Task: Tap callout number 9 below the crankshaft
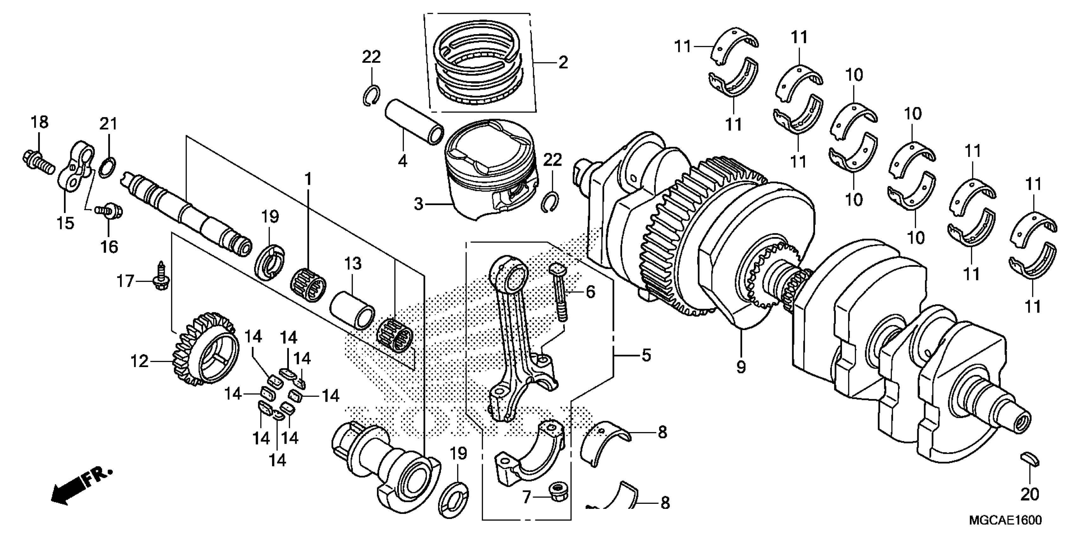coord(741,367)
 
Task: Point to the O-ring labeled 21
coord(108,167)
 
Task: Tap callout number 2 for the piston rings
coord(563,63)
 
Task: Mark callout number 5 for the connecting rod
coord(646,355)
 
